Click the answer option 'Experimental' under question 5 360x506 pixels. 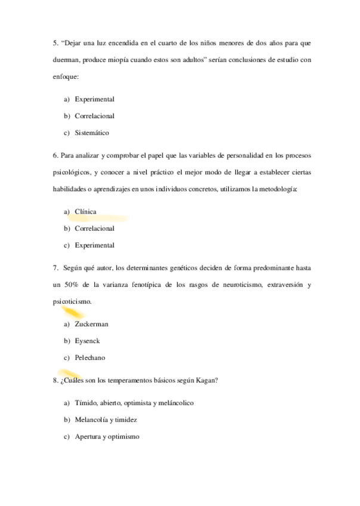[94, 99]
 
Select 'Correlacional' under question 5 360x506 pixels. [94, 116]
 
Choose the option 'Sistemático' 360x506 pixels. [92, 132]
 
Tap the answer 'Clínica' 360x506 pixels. [85, 212]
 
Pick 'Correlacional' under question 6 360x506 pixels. [94, 229]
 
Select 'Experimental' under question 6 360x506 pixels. [94, 245]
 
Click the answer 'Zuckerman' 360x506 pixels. [91, 324]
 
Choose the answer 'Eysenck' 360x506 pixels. [87, 341]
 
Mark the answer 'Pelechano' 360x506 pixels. [90, 357]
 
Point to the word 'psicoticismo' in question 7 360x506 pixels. [72, 301]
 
